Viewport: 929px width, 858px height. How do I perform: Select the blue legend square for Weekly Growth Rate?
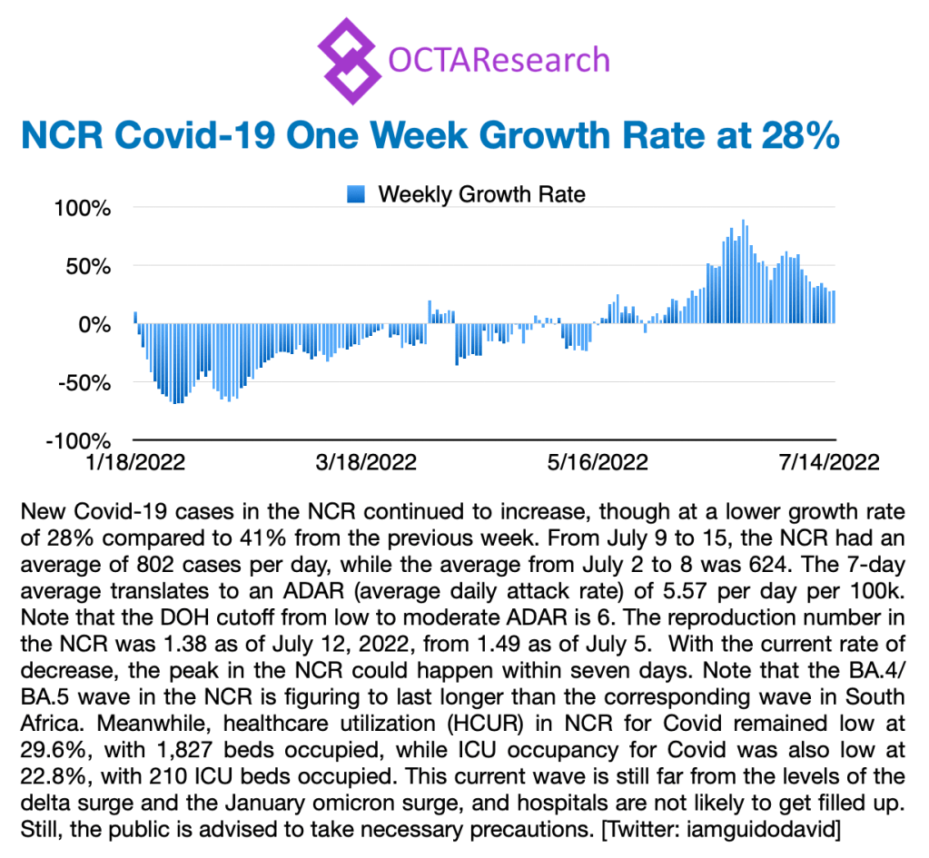click(x=355, y=193)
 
